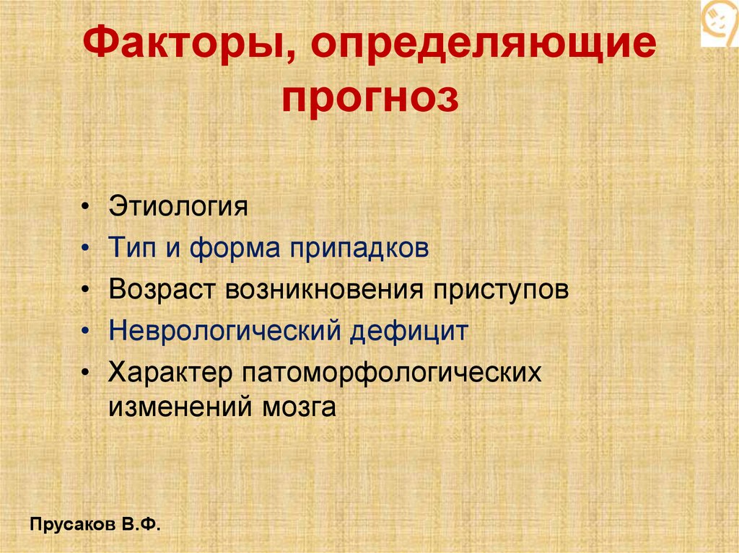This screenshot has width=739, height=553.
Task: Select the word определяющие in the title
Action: click(484, 50)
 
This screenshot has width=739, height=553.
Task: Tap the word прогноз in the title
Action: click(369, 99)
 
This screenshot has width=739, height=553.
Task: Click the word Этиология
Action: click(178, 208)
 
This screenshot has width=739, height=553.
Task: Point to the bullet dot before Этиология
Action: click(87, 208)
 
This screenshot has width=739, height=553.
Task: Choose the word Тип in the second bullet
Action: click(131, 249)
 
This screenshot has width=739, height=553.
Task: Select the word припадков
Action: click(360, 249)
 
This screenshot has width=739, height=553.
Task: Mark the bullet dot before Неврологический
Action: click(87, 332)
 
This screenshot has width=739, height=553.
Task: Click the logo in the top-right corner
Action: click(720, 23)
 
